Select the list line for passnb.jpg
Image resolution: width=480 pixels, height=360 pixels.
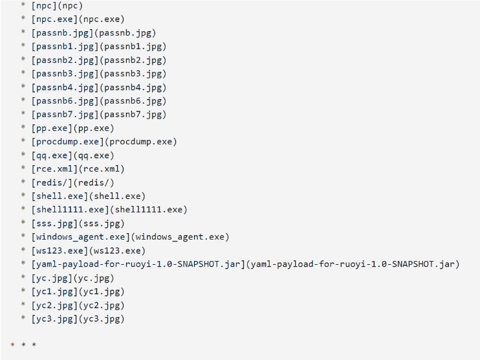[93, 33]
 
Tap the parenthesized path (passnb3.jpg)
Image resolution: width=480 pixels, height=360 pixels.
[135, 74]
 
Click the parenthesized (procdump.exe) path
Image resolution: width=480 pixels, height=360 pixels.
[140, 142]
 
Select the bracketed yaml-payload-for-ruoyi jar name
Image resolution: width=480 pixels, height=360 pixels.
[138, 264]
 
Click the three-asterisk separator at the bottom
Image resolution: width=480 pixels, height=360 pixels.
[23, 345]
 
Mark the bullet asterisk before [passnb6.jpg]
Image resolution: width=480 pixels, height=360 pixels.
[23, 102]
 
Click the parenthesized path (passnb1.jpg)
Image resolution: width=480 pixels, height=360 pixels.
[135, 47]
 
